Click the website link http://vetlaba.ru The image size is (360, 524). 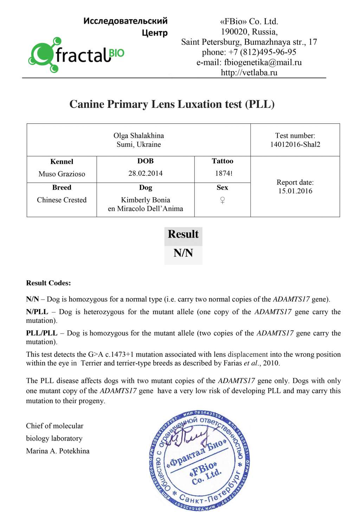pos(249,73)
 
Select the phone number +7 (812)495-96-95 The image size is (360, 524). pos(262,52)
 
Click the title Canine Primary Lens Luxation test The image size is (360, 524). pos(172,104)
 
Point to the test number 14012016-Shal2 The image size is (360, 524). pos(295,144)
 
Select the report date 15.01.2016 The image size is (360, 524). pos(295,191)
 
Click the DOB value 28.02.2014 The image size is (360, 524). pos(145,173)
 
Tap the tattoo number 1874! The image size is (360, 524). pos(224,173)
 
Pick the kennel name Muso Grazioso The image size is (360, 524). pos(62,174)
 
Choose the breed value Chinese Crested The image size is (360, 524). pos(62,200)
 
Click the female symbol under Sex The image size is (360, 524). pos(222,200)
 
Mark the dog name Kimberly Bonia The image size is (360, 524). pos(145,200)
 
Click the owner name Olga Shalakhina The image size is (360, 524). pos(139,136)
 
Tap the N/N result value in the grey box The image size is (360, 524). pos(183,253)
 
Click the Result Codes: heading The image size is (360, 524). pos(48,283)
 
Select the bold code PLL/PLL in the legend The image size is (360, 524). pos(41,333)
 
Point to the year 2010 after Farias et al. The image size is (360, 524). pos(271,363)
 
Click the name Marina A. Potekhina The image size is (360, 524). pos(58,451)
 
